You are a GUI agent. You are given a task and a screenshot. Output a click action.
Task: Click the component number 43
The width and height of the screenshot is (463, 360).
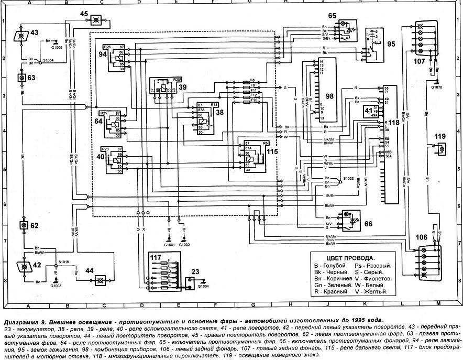click(x=34, y=33)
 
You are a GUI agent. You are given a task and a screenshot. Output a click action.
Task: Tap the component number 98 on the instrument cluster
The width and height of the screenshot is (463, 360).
click(x=329, y=96)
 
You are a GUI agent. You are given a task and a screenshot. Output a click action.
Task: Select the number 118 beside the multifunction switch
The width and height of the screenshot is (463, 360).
click(x=394, y=122)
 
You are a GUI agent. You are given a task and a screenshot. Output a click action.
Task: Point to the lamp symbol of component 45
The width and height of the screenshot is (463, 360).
click(x=95, y=20)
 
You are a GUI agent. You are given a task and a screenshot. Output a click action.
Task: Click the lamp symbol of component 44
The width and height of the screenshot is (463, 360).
click(x=98, y=281)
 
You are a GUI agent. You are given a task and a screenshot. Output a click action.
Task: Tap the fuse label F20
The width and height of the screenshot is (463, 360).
click(x=253, y=100)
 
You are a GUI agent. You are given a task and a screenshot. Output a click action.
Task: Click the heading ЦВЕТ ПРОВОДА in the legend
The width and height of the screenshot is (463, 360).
click(x=350, y=258)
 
